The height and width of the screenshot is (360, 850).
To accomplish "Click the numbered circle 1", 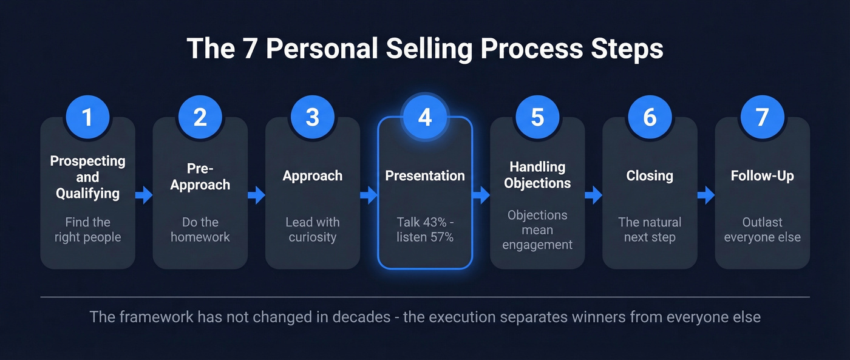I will click(87, 117).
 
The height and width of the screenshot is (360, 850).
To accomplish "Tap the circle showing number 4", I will click(425, 117).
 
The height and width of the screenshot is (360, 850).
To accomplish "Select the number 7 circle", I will click(762, 117).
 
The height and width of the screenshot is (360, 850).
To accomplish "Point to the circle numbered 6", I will click(650, 117).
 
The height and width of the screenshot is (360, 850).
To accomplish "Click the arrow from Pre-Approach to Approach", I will click(257, 195).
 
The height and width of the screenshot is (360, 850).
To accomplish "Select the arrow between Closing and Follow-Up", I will click(706, 195).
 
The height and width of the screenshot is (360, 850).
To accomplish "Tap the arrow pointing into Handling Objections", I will click(481, 195).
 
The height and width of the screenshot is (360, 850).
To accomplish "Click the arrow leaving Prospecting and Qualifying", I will click(144, 195).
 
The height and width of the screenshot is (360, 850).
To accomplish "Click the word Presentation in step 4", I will click(425, 176).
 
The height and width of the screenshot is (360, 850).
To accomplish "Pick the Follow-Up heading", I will click(762, 176).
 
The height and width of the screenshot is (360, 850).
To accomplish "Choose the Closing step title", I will click(650, 176).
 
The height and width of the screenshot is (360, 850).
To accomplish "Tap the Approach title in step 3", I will click(313, 176).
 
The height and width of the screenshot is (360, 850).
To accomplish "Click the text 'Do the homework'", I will click(200, 229).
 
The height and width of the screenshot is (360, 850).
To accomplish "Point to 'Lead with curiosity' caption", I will click(313, 229).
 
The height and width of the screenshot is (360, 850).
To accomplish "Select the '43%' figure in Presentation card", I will click(435, 222).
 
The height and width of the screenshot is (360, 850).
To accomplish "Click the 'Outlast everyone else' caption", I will click(762, 229).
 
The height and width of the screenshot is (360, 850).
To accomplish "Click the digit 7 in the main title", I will click(249, 49).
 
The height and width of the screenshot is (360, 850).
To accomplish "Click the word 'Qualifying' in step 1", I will click(87, 194).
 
